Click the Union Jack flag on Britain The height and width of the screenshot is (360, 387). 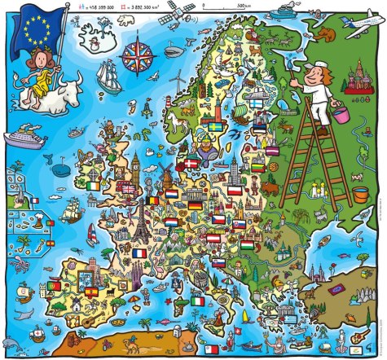[x=129, y=187]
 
